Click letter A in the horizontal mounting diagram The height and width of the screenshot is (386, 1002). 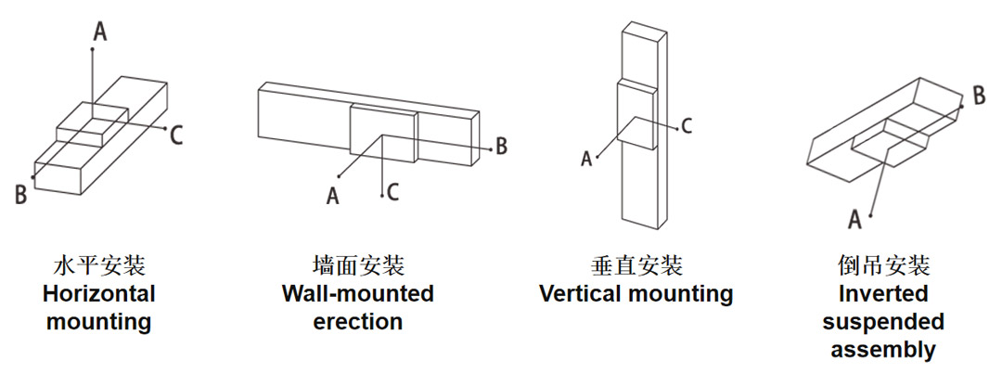99,31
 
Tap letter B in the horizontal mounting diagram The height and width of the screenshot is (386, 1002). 21,195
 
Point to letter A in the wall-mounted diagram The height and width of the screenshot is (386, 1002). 332,196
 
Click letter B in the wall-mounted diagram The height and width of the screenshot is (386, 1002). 502,146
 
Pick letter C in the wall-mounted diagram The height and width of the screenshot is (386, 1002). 393,192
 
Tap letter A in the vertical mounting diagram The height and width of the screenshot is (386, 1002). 586,159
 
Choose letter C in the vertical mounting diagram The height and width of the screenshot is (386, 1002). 687,126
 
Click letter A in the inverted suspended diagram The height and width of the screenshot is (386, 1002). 855,219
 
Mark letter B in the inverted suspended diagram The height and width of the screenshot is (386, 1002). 979,96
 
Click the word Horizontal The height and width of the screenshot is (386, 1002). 99,294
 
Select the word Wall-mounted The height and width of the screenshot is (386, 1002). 358,294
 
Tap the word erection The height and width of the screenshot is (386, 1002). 358,321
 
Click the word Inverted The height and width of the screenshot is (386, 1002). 883,294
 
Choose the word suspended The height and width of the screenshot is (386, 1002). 883,321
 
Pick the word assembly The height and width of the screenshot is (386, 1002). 883,350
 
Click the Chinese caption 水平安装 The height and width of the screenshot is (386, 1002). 99,265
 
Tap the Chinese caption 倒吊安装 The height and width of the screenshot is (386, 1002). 883,265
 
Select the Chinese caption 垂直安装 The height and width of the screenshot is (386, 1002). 636,265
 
